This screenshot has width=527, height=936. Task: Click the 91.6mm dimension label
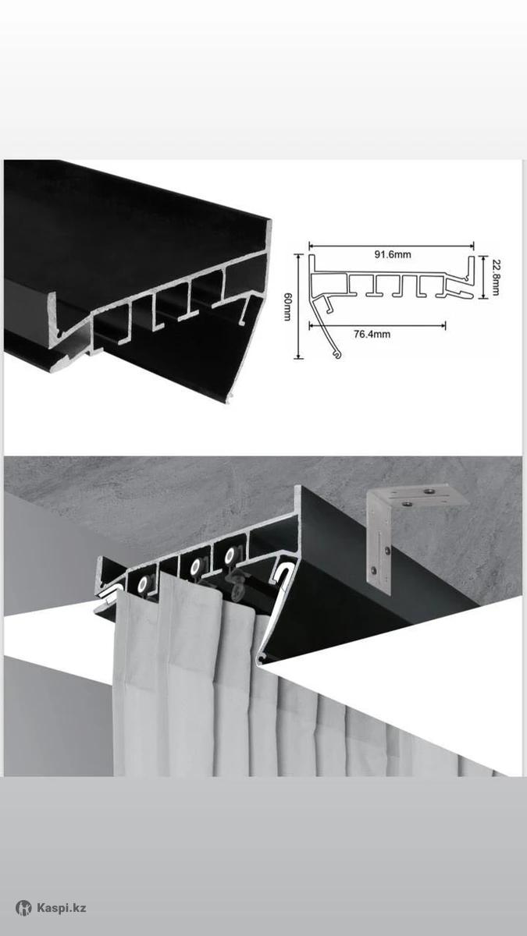click(x=392, y=254)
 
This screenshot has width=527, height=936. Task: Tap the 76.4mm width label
click(x=372, y=334)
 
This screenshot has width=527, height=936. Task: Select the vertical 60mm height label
click(x=288, y=307)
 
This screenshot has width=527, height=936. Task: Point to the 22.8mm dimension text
click(x=495, y=277)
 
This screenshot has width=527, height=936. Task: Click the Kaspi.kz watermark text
click(x=62, y=908)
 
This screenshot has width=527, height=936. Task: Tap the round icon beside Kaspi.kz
click(x=23, y=908)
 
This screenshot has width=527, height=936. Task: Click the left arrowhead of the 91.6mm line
click(x=312, y=246)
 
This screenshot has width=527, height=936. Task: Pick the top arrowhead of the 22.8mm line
click(x=483, y=258)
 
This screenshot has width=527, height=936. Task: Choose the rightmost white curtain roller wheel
click(x=230, y=555)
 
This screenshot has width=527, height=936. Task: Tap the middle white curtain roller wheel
click(x=195, y=567)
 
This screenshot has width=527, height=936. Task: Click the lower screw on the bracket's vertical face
click(x=374, y=569)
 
